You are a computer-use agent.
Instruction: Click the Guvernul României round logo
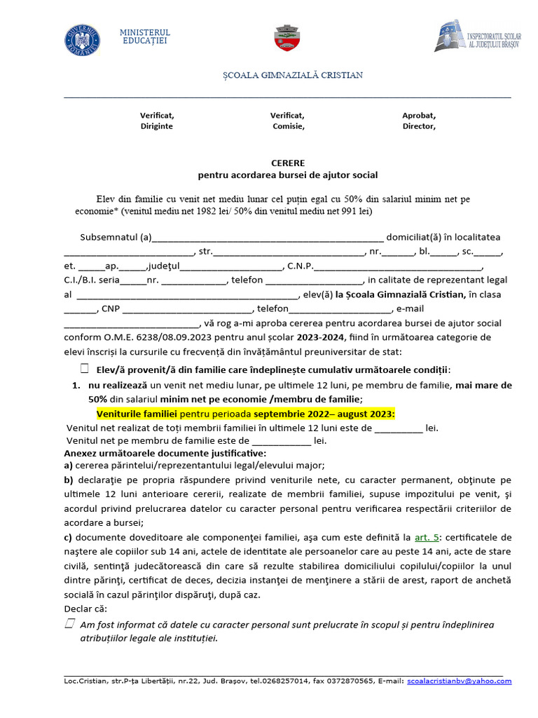tap(82, 40)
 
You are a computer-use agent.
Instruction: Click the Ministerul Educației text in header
tap(145, 38)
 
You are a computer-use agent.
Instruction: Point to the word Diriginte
tap(156, 127)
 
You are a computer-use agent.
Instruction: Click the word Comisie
tap(288, 127)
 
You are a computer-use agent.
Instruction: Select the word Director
tap(419, 127)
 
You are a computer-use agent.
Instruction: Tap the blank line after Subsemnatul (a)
tap(268, 238)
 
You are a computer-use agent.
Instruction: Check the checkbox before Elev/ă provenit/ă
tap(85, 369)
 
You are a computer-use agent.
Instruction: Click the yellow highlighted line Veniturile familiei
tap(245, 414)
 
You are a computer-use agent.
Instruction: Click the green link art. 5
tap(427, 538)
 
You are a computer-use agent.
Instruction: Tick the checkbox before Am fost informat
tap(69, 623)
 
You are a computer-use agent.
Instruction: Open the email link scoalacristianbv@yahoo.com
tap(459, 681)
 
